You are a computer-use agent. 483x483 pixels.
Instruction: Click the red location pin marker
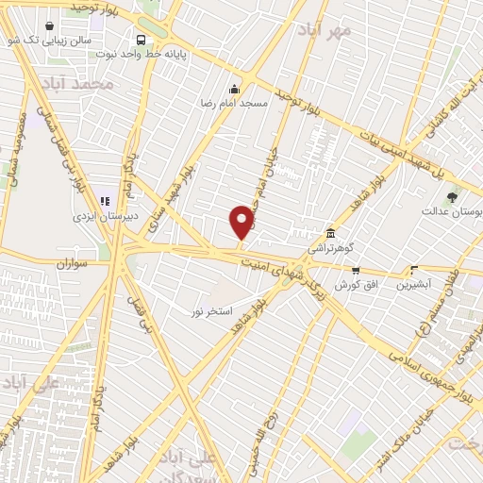241,222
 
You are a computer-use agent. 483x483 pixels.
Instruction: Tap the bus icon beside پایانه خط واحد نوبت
141,40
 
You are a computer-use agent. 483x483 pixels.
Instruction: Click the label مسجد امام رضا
235,102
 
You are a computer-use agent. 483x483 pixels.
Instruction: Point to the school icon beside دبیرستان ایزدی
106,200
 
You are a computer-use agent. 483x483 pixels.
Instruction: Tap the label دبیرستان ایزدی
106,215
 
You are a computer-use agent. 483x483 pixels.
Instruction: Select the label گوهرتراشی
329,248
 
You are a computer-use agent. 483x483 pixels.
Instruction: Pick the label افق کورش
355,284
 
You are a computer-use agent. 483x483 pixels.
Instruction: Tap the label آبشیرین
413,283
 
